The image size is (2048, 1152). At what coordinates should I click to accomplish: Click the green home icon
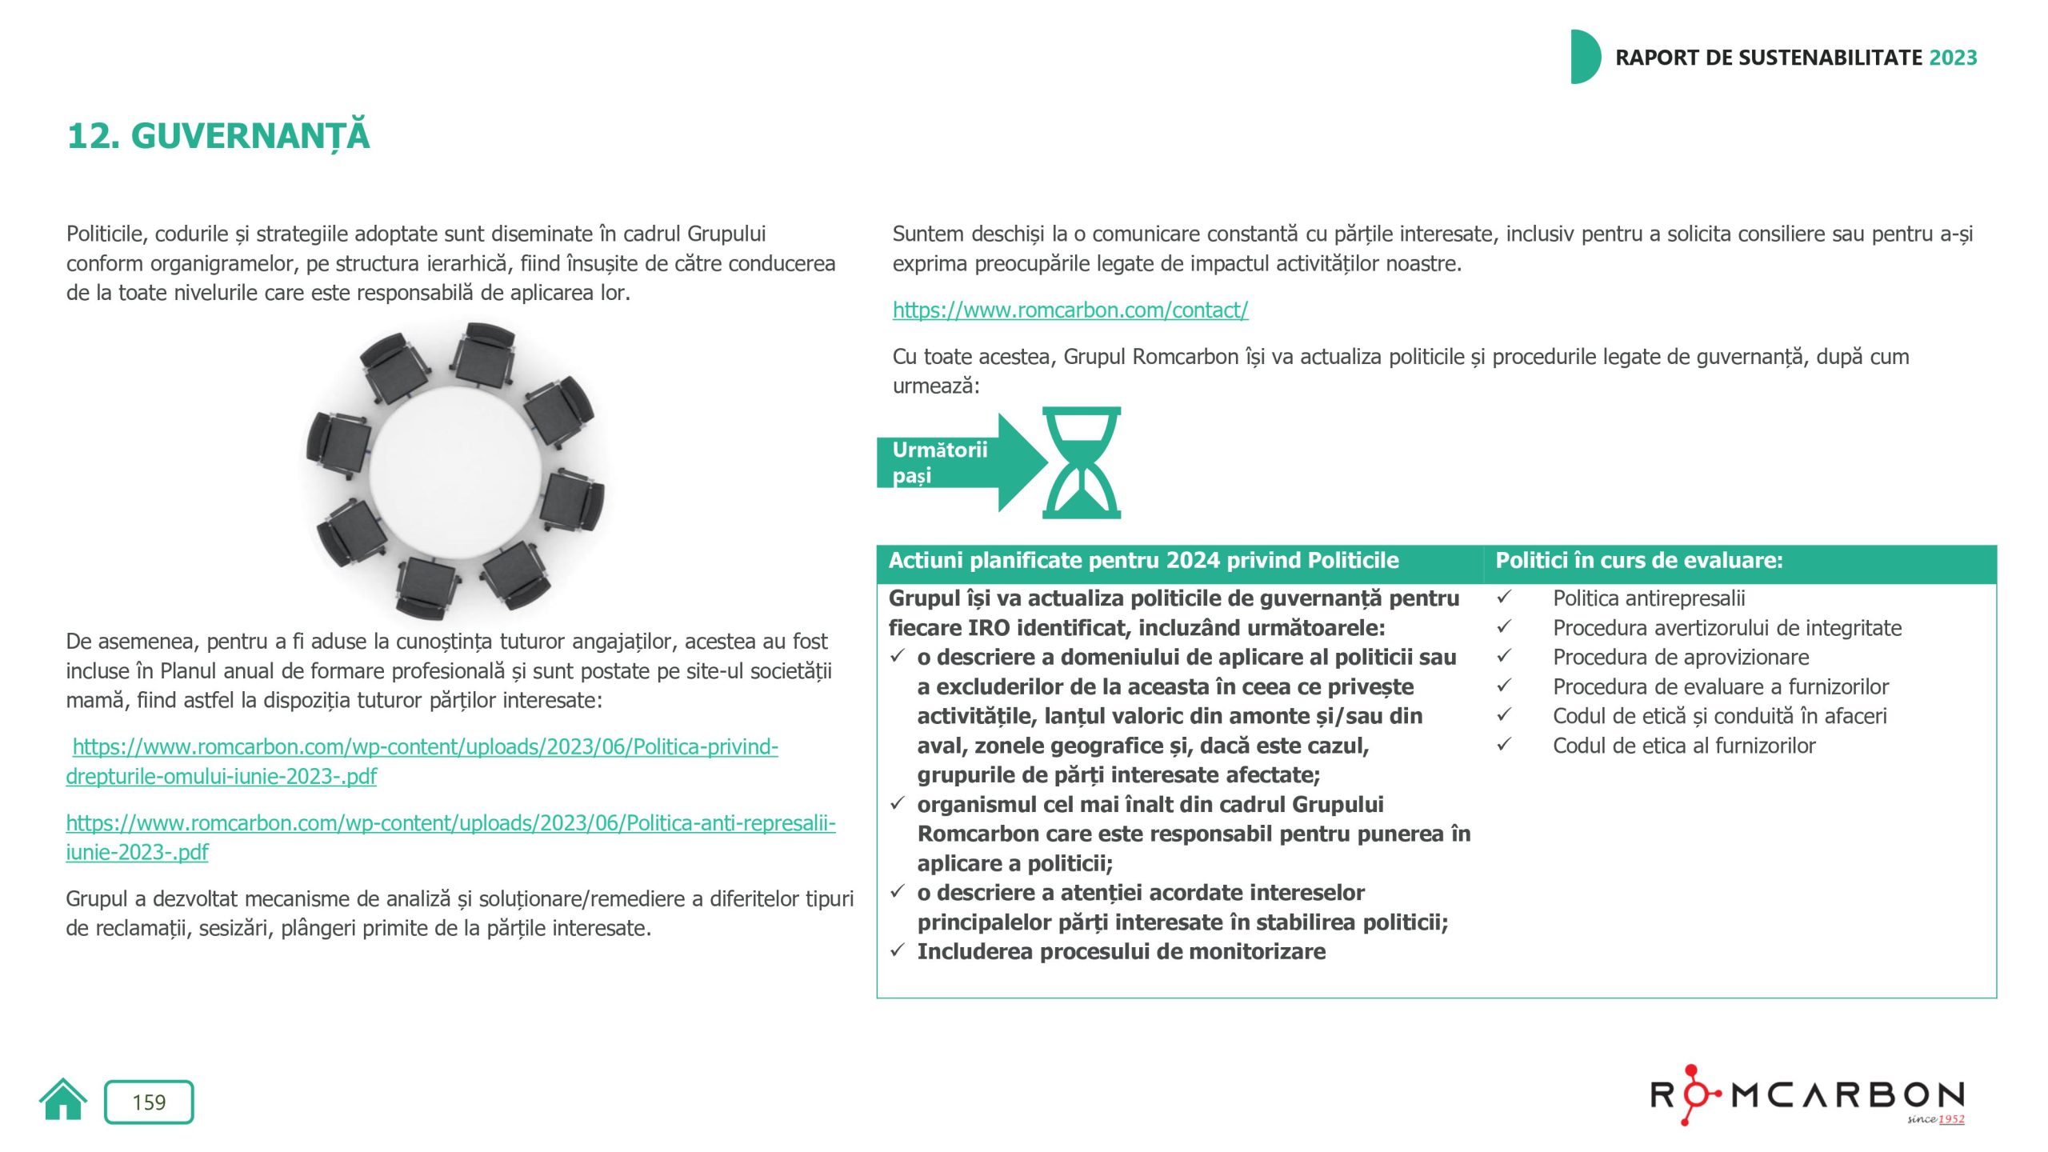(x=62, y=1101)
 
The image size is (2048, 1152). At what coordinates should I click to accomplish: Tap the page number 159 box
(x=149, y=1102)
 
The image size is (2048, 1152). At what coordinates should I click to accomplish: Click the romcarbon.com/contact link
(x=1070, y=310)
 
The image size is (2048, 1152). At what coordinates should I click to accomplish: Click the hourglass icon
(x=1082, y=462)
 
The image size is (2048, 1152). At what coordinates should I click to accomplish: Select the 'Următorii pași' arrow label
(x=941, y=462)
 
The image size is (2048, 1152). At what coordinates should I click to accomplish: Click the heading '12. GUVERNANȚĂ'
(x=218, y=135)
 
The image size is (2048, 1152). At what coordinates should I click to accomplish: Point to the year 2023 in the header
(x=1953, y=58)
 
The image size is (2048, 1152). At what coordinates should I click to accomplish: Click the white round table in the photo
(x=456, y=472)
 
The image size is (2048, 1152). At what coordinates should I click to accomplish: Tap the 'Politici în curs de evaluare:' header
(x=1639, y=561)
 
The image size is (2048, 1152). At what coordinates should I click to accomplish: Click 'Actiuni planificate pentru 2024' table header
(x=1143, y=561)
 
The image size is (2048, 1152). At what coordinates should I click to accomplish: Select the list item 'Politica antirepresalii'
(x=1649, y=598)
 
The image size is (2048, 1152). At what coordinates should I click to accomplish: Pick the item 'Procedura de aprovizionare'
(x=1681, y=658)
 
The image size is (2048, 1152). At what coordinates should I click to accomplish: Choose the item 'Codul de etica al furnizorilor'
(x=1684, y=746)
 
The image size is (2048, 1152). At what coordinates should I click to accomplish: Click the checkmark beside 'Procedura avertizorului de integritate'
(x=1504, y=627)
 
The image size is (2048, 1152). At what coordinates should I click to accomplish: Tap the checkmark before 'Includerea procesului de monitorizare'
(x=898, y=950)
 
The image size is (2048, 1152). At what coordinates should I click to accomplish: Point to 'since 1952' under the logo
(x=1935, y=1119)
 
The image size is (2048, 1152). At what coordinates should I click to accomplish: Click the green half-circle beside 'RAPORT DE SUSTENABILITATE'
(x=1585, y=57)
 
